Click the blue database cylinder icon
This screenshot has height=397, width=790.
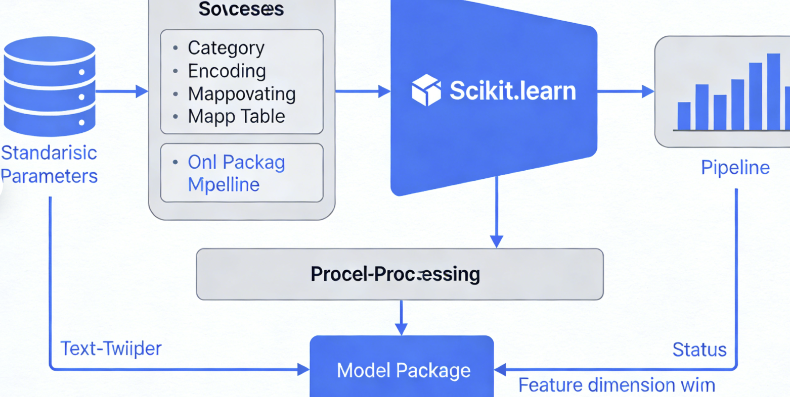[x=49, y=86]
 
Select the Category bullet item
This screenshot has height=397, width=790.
[x=226, y=48]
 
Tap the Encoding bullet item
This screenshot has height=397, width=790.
[x=226, y=71]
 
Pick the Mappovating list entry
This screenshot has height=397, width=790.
[x=241, y=94]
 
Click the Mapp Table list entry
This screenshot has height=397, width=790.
[x=236, y=117]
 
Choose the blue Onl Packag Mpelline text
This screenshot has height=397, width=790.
[x=236, y=173]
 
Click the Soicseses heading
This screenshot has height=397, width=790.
[x=241, y=9]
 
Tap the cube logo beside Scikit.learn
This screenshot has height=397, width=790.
[x=426, y=90]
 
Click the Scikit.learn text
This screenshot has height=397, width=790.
[x=512, y=91]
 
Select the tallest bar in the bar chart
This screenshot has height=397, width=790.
[x=773, y=91]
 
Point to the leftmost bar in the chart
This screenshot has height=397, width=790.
[x=684, y=116]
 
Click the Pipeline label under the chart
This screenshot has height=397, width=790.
[x=735, y=168]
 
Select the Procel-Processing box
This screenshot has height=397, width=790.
[x=400, y=274]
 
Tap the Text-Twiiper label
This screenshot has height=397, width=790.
[x=111, y=349]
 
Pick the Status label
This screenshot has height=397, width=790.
[x=699, y=350]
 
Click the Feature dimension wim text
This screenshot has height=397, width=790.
[x=617, y=385]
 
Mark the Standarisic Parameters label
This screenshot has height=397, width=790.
[x=49, y=164]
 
